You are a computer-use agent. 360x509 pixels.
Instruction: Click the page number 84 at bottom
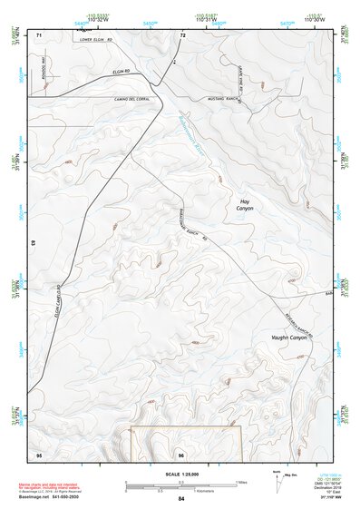click(181, 499)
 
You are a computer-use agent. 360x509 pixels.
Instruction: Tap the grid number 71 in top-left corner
click(39, 34)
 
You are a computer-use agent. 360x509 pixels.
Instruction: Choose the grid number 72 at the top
click(182, 34)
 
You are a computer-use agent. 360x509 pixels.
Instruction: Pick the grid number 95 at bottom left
click(39, 454)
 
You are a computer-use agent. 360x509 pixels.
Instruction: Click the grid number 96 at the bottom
click(181, 454)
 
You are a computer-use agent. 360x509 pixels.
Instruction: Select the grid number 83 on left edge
click(33, 245)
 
